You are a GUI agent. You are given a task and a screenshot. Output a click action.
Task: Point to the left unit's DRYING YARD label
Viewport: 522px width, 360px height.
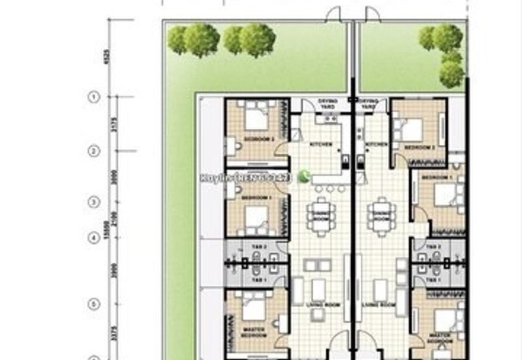328,103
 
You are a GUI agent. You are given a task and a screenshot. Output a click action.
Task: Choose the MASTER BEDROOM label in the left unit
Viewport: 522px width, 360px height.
253,332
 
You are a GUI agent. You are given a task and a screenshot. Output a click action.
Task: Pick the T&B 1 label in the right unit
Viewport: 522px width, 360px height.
434,280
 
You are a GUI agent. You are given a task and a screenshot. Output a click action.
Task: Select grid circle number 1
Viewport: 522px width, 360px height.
93,97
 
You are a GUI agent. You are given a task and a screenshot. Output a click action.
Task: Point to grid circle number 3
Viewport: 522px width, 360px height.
93,202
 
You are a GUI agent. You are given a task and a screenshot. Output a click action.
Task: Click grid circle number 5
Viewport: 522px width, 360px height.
93,304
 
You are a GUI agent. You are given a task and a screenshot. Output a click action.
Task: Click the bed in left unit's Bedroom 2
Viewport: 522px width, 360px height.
255,118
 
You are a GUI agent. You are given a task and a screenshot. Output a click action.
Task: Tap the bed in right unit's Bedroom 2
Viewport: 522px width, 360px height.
411,129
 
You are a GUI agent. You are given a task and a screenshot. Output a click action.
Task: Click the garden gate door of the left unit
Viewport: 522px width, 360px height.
334,14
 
